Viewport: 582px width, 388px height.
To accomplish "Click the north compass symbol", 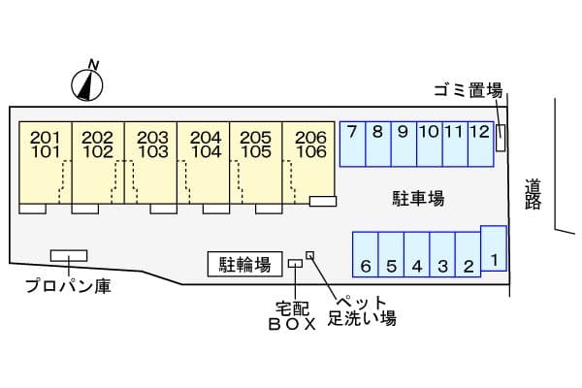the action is (x=87, y=84).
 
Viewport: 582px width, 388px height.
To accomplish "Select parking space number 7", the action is (x=353, y=145).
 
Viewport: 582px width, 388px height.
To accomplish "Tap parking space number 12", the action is (x=481, y=145).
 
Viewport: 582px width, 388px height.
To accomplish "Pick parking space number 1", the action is (x=494, y=248).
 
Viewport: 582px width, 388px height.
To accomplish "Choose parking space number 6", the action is (x=366, y=255).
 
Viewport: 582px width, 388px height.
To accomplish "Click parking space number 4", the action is (x=417, y=255).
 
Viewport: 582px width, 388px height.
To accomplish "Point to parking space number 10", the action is (x=430, y=145).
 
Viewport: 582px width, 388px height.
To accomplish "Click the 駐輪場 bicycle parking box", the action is (x=245, y=264).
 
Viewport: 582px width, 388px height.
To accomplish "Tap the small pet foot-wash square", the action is (x=310, y=255).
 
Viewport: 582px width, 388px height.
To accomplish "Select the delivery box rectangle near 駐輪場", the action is (x=295, y=264).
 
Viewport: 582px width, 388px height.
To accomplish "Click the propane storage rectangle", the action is (x=69, y=256).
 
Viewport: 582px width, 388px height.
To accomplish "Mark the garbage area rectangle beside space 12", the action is (x=501, y=138).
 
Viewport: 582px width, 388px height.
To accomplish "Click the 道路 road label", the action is (x=533, y=194).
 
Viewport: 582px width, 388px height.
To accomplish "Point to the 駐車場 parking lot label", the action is (x=418, y=199).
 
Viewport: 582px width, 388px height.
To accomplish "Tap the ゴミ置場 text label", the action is (x=469, y=90).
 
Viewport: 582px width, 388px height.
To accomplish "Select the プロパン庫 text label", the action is (x=68, y=286).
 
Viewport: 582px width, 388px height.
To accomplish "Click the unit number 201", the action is (x=45, y=138).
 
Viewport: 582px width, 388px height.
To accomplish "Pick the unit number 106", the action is (x=311, y=151).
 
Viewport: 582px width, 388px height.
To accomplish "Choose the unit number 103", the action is (x=153, y=151).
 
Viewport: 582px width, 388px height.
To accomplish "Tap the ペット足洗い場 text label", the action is (x=362, y=311).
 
